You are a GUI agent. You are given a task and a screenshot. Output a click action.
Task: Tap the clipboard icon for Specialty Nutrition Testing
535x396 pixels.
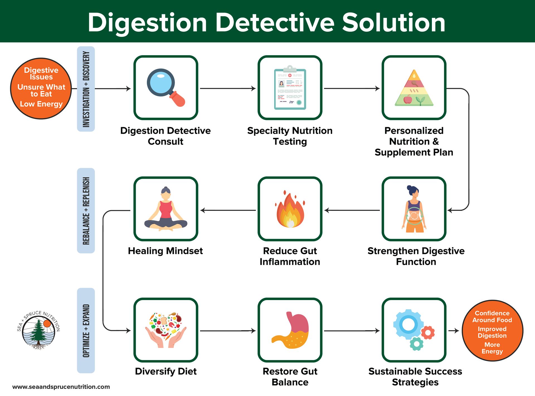click(x=290, y=88)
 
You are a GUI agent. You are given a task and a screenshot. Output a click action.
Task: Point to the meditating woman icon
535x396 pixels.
click(x=166, y=209)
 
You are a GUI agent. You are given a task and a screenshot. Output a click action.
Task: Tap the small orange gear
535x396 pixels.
click(x=428, y=332)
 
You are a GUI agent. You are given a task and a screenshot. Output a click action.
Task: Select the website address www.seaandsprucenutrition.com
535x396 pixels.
click(x=61, y=387)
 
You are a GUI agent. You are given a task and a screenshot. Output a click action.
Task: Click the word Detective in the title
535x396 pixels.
click(x=275, y=22)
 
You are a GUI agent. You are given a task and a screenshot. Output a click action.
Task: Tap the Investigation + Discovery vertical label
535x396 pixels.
click(x=86, y=89)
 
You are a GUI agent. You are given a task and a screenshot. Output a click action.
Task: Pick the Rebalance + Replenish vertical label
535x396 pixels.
click(x=86, y=211)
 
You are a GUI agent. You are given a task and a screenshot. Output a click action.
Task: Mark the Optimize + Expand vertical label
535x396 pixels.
click(x=86, y=330)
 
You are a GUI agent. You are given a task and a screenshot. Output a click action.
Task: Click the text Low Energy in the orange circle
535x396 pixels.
click(x=41, y=104)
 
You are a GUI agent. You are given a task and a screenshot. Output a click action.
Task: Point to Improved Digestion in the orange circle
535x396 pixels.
click(x=492, y=332)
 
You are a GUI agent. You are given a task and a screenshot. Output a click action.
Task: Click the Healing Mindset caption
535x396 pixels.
click(x=165, y=251)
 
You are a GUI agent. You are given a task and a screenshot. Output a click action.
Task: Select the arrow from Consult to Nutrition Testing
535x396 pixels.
click(x=227, y=89)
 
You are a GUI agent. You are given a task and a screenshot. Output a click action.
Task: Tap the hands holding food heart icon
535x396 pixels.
click(x=166, y=330)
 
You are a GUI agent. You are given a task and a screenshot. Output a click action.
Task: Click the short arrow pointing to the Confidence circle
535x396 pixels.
click(x=454, y=331)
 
